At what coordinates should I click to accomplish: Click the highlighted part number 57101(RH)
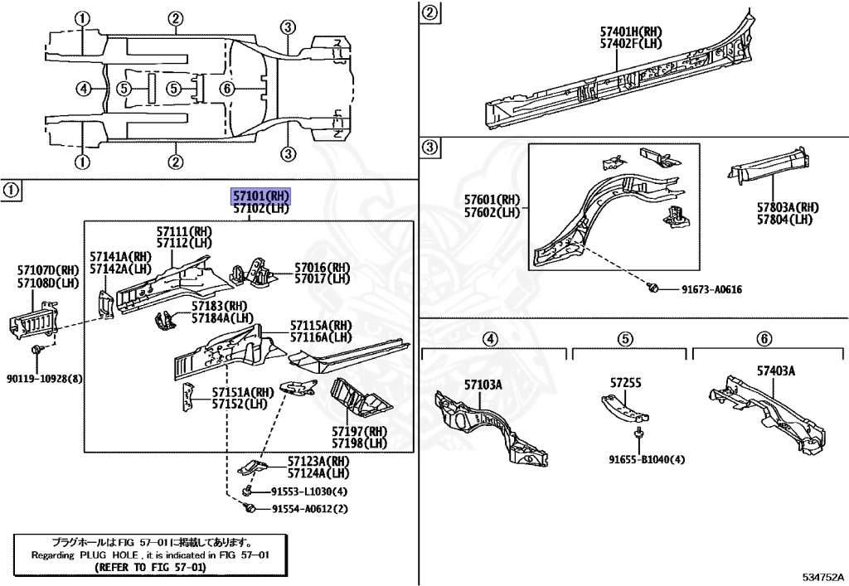pyautogui.click(x=261, y=196)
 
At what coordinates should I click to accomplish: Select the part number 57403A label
pyautogui.click(x=775, y=370)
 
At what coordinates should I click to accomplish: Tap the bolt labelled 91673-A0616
pyautogui.click(x=654, y=288)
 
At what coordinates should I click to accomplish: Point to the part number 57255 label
pyautogui.click(x=626, y=383)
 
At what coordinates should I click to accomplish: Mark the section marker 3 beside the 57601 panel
pyautogui.click(x=429, y=148)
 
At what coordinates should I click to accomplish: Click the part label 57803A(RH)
pyautogui.click(x=788, y=207)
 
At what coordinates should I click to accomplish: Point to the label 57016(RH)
pyautogui.click(x=323, y=268)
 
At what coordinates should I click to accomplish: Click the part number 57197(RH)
pyautogui.click(x=360, y=431)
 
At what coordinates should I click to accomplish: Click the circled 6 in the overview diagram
pyautogui.click(x=226, y=89)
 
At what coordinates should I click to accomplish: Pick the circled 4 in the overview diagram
pyautogui.click(x=81, y=89)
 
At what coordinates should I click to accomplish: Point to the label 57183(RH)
pyautogui.click(x=220, y=306)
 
